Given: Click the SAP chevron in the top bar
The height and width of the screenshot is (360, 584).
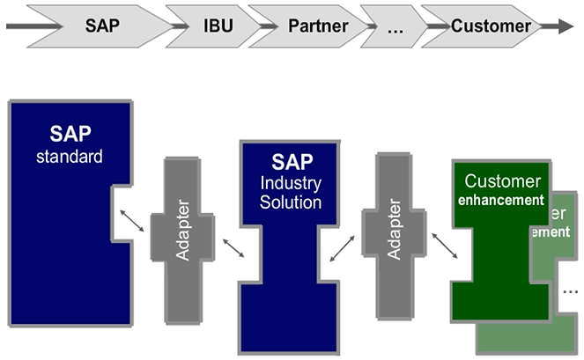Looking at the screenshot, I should point(102,26).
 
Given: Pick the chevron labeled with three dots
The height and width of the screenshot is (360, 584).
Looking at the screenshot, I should point(394,26).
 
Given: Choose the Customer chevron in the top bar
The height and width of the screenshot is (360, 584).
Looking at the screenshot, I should point(491,26).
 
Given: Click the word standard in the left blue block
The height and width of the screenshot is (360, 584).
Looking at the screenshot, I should point(70,158).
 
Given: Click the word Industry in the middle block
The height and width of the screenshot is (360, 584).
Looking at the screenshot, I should point(292,183).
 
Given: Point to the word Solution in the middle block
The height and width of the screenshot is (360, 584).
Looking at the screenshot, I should point(292,202).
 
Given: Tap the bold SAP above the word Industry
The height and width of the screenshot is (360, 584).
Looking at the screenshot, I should point(292,162).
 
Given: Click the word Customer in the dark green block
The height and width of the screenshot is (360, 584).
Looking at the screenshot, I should point(502,181).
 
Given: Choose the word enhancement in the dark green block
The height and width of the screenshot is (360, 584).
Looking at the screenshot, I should point(502,200).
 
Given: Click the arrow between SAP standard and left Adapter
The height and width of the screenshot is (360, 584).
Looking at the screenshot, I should point(133,221).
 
